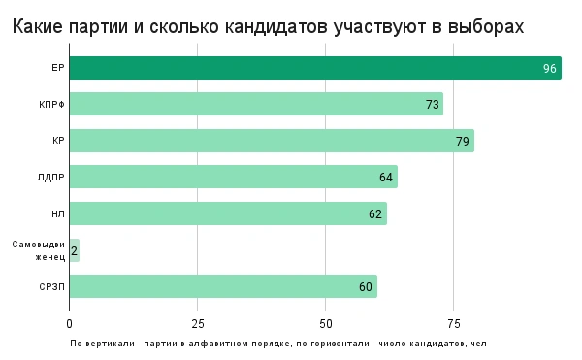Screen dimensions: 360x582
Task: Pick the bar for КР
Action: coord(272,141)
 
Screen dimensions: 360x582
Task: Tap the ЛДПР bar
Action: coord(233,177)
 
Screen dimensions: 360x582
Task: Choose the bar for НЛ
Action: coord(228,213)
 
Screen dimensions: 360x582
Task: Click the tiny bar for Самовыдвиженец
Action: coord(74,250)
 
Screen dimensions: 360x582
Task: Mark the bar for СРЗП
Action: coord(223,286)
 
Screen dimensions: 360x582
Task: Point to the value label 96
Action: coord(550,68)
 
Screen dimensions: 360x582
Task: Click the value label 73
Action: coord(433,104)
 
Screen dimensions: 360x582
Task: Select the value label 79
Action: coord(464,141)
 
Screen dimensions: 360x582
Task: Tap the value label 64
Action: coord(387,177)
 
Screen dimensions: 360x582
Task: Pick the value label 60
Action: coord(366,286)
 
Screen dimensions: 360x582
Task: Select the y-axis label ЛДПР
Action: coord(50,177)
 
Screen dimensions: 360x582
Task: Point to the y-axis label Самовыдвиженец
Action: coord(39,250)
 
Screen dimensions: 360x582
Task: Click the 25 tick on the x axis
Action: coord(197,323)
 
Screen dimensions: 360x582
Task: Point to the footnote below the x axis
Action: coord(277,343)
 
